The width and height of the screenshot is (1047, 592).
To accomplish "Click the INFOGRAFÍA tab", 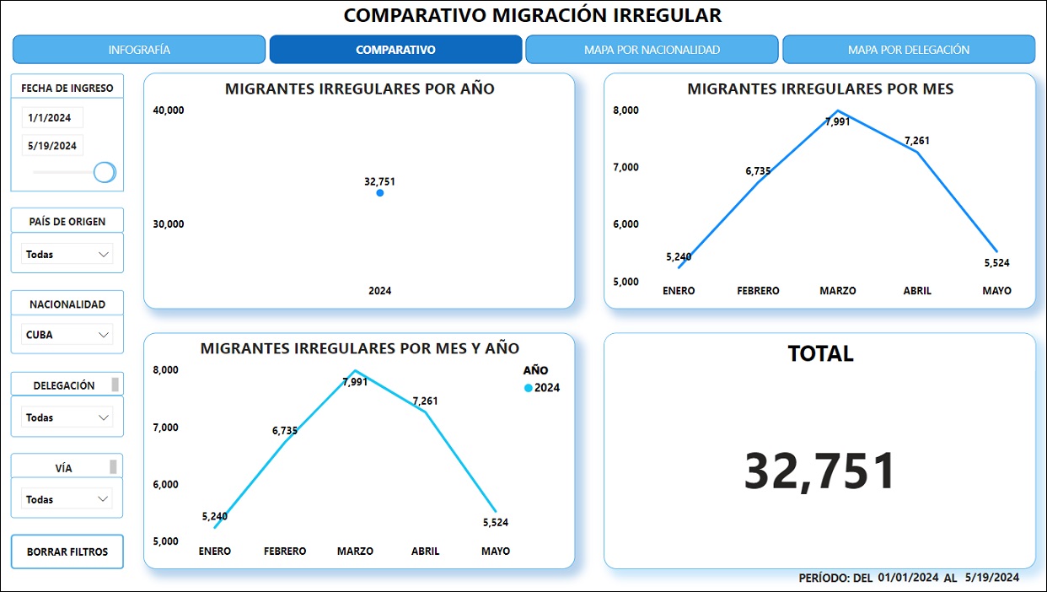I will (139, 50).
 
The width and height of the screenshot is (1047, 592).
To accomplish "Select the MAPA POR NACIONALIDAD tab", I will (652, 50).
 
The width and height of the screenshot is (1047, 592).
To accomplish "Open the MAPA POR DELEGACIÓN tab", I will (908, 50).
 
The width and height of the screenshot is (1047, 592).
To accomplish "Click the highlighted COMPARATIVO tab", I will (395, 50).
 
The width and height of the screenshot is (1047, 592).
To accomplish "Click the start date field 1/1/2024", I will (52, 118).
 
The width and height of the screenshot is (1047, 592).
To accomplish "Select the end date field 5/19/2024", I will (52, 146).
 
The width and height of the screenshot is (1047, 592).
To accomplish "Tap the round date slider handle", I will (105, 172).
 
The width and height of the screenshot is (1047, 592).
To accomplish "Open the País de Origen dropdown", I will (67, 254).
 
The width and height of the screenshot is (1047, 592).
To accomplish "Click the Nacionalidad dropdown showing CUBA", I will (67, 335).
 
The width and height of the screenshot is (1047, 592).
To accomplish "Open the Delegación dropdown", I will (67, 417).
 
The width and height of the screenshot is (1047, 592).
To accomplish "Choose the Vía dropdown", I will (67, 499).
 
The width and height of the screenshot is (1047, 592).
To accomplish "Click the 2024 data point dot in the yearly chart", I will (380, 193).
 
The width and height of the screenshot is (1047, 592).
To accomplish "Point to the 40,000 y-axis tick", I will (169, 110).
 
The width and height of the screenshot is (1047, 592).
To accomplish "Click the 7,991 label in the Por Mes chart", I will (837, 121).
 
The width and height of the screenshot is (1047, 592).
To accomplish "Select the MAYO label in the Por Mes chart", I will (996, 291).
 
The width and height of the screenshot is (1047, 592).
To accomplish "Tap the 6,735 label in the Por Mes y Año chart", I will (285, 431).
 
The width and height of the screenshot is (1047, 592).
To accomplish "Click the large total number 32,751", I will (819, 471).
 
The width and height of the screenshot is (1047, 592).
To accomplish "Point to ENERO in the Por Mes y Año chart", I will (215, 552).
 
